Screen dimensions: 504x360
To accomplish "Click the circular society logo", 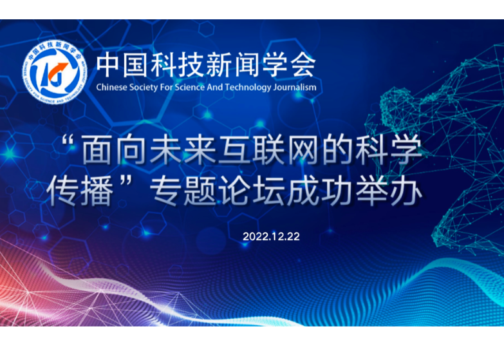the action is (55, 72).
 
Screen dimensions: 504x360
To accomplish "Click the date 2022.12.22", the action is (271, 236).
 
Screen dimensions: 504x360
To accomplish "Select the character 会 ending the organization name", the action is (303, 64).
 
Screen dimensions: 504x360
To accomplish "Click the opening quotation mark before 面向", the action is (68, 142).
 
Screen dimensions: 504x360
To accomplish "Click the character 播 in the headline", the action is (98, 192).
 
